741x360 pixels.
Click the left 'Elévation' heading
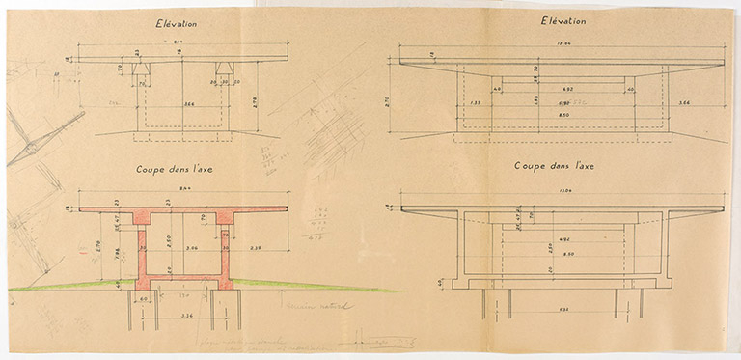pyautogui.click(x=182, y=23)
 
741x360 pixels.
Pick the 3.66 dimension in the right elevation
pyautogui.click(x=683, y=101)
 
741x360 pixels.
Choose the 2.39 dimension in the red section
pyautogui.click(x=254, y=248)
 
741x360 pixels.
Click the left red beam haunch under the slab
pyautogui.click(x=141, y=217)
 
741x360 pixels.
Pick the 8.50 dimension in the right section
pyautogui.click(x=561, y=255)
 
